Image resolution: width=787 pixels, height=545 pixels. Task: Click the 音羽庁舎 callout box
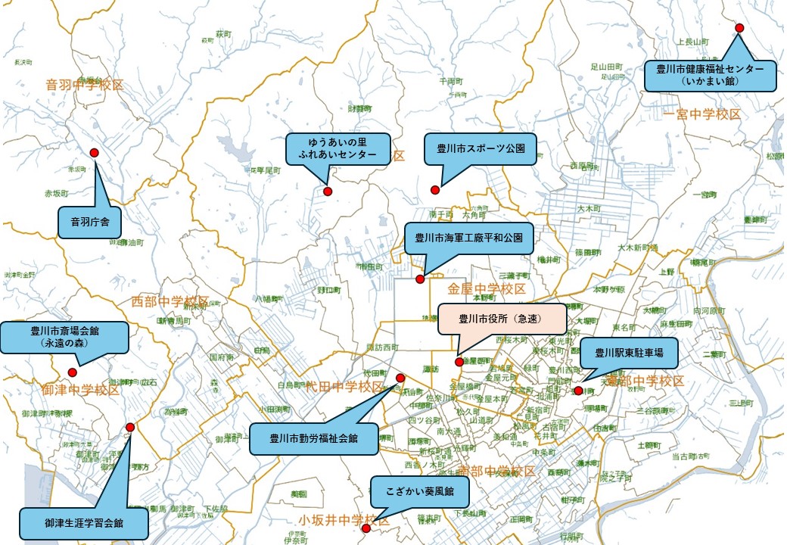(x=90, y=223)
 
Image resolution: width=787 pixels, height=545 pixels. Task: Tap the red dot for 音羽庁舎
(x=95, y=153)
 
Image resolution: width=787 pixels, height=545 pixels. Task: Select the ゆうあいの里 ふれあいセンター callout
(x=338, y=149)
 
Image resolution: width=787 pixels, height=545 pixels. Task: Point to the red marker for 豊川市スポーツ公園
(x=435, y=189)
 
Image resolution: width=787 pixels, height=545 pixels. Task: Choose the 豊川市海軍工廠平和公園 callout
(x=469, y=238)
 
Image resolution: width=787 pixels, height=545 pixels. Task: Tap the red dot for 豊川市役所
(x=459, y=362)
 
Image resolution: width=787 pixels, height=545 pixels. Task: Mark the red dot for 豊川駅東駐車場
(x=579, y=391)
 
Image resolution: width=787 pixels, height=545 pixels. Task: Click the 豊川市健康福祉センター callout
(x=710, y=75)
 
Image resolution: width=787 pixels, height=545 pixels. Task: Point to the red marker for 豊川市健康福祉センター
(x=740, y=28)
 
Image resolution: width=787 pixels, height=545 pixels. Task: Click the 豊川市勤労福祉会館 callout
(x=314, y=438)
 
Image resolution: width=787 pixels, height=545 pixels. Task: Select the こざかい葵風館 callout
(x=419, y=491)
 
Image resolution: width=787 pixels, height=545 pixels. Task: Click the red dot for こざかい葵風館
(x=366, y=528)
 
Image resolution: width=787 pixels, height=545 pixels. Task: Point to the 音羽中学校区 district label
(x=85, y=85)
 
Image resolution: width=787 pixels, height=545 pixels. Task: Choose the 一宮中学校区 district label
(x=702, y=114)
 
